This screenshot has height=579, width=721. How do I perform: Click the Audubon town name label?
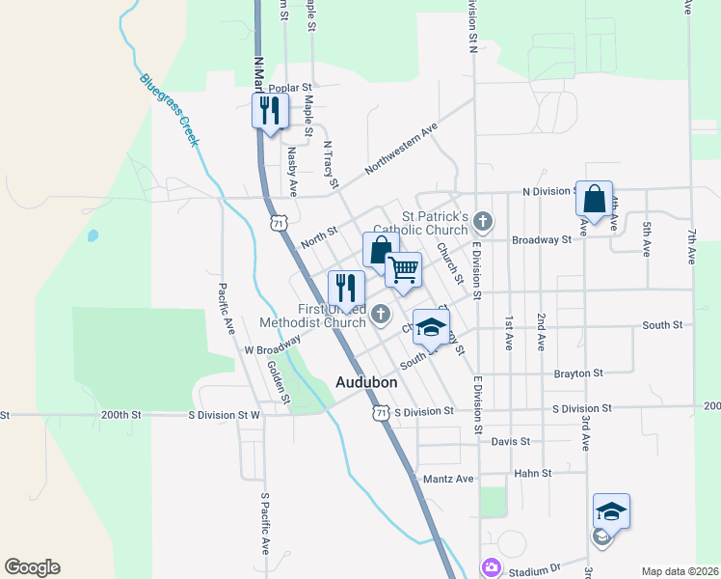point(366,382)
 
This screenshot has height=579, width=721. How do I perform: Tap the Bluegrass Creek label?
point(168,110)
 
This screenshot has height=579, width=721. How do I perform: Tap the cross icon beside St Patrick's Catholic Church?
point(483,223)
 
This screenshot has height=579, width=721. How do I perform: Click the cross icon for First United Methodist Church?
point(382,313)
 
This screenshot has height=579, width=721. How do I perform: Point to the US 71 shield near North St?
point(279,223)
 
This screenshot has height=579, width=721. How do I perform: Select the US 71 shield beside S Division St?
point(382,412)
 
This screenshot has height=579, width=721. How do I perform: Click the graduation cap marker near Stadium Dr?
point(611,511)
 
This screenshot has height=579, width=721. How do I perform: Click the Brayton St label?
point(578,372)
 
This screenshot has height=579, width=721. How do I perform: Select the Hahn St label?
point(532,473)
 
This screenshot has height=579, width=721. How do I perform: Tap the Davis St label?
point(511,441)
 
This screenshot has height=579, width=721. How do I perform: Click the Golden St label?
point(279,380)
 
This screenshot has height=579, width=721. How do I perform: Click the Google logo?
point(32,567)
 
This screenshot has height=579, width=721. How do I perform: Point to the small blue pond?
point(93,234)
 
